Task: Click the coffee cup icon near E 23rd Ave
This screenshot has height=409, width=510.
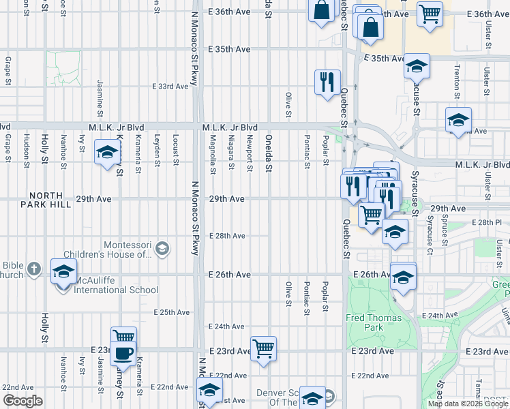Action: pyautogui.click(x=123, y=353)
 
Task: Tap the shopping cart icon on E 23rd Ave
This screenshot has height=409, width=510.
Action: pyautogui.click(x=263, y=348)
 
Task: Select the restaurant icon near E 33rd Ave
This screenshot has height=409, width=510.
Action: pyautogui.click(x=327, y=82)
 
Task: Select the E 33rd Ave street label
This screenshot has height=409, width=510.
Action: pyautogui.click(x=170, y=87)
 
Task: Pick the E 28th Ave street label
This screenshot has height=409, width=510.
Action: pyautogui.click(x=226, y=236)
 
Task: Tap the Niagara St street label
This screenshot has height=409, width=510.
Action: pyautogui.click(x=231, y=156)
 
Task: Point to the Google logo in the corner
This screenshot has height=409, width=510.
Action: pyautogui.click(x=22, y=400)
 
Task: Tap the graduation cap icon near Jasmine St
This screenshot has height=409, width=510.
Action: pyautogui.click(x=107, y=153)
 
